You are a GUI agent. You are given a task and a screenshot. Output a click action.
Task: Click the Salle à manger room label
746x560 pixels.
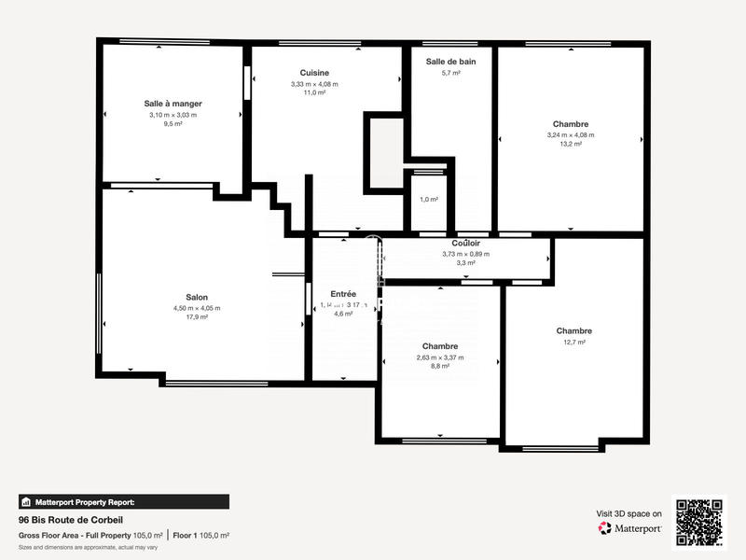[x=173, y=104]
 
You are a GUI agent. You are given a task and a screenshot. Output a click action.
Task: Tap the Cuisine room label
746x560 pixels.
[x=314, y=73]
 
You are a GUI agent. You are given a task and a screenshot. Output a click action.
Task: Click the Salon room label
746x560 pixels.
[x=197, y=297]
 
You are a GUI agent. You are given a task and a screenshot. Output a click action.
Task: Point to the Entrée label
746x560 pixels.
[x=343, y=294]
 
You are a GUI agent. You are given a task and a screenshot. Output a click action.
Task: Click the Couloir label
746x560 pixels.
[x=465, y=243]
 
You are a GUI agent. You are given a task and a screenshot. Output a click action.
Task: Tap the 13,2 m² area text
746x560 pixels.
[x=571, y=145]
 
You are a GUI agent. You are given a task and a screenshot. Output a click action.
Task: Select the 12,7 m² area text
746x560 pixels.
[x=574, y=343]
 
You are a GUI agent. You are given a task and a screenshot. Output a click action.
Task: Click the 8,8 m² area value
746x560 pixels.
[x=439, y=367]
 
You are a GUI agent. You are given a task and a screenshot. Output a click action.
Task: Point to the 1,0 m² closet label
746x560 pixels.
[x=429, y=200]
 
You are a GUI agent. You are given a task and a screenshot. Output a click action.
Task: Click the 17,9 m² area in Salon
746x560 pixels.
[x=197, y=317]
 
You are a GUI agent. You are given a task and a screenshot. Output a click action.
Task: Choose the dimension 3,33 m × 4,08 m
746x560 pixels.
[x=314, y=84]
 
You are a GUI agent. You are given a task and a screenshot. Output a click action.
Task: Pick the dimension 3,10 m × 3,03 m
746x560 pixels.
[x=173, y=115]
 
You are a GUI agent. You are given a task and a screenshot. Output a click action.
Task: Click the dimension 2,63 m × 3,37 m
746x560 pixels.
[x=439, y=357]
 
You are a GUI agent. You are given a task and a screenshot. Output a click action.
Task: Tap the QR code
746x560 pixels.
[x=700, y=521]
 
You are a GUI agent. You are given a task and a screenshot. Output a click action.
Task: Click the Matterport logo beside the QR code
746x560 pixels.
[x=631, y=528]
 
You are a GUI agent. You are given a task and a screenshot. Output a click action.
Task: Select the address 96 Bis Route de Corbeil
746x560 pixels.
[x=71, y=520]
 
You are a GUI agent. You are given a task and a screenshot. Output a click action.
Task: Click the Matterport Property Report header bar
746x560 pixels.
[x=123, y=501]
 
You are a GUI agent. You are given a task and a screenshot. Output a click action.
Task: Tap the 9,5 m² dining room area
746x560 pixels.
[x=173, y=124]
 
